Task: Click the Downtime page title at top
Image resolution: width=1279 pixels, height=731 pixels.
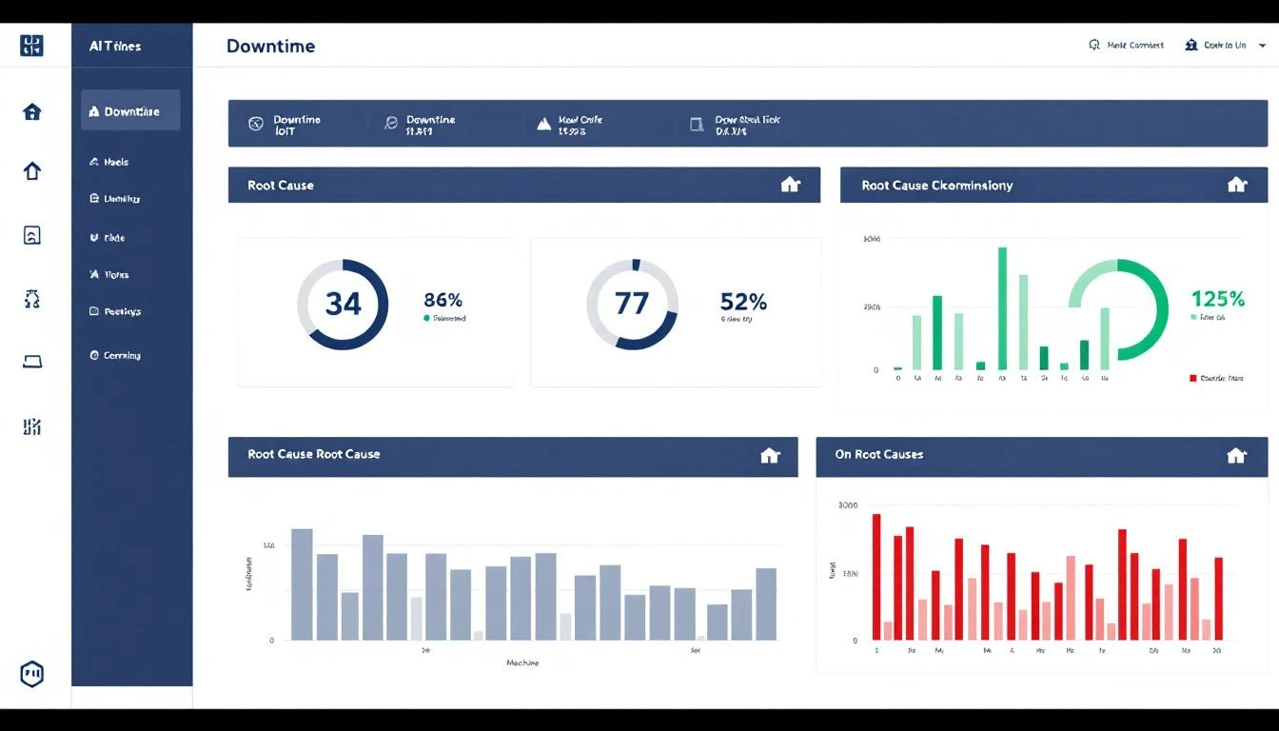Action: (x=270, y=46)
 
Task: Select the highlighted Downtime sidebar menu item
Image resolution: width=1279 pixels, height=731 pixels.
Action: (x=130, y=111)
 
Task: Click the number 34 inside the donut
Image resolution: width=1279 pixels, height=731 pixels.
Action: (x=343, y=304)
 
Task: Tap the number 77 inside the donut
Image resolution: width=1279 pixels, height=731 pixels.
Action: (x=632, y=304)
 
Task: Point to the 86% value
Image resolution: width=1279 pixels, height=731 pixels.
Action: (x=443, y=300)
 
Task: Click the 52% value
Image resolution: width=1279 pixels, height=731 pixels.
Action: (x=743, y=302)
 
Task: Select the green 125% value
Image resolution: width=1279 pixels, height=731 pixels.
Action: (x=1217, y=299)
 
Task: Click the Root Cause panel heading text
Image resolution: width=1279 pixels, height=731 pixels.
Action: (x=280, y=186)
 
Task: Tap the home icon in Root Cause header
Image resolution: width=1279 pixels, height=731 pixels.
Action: (x=790, y=185)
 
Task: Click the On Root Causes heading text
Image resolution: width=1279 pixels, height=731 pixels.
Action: (x=878, y=455)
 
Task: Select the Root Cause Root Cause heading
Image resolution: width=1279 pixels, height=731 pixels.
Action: (x=313, y=455)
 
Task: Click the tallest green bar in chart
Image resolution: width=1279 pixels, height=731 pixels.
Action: (x=1002, y=307)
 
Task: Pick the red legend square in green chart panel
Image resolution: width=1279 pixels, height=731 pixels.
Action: (x=1193, y=378)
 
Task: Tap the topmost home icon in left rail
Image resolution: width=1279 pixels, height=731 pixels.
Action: (x=31, y=112)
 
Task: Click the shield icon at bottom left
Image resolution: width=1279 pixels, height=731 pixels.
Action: (x=31, y=674)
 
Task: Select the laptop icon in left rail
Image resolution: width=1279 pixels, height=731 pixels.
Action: (x=31, y=362)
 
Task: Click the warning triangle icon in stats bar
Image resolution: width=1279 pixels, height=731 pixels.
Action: (x=543, y=124)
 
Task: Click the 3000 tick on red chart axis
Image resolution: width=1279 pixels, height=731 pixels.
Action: (x=847, y=505)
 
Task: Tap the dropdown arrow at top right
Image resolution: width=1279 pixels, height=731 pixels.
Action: (x=1262, y=46)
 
